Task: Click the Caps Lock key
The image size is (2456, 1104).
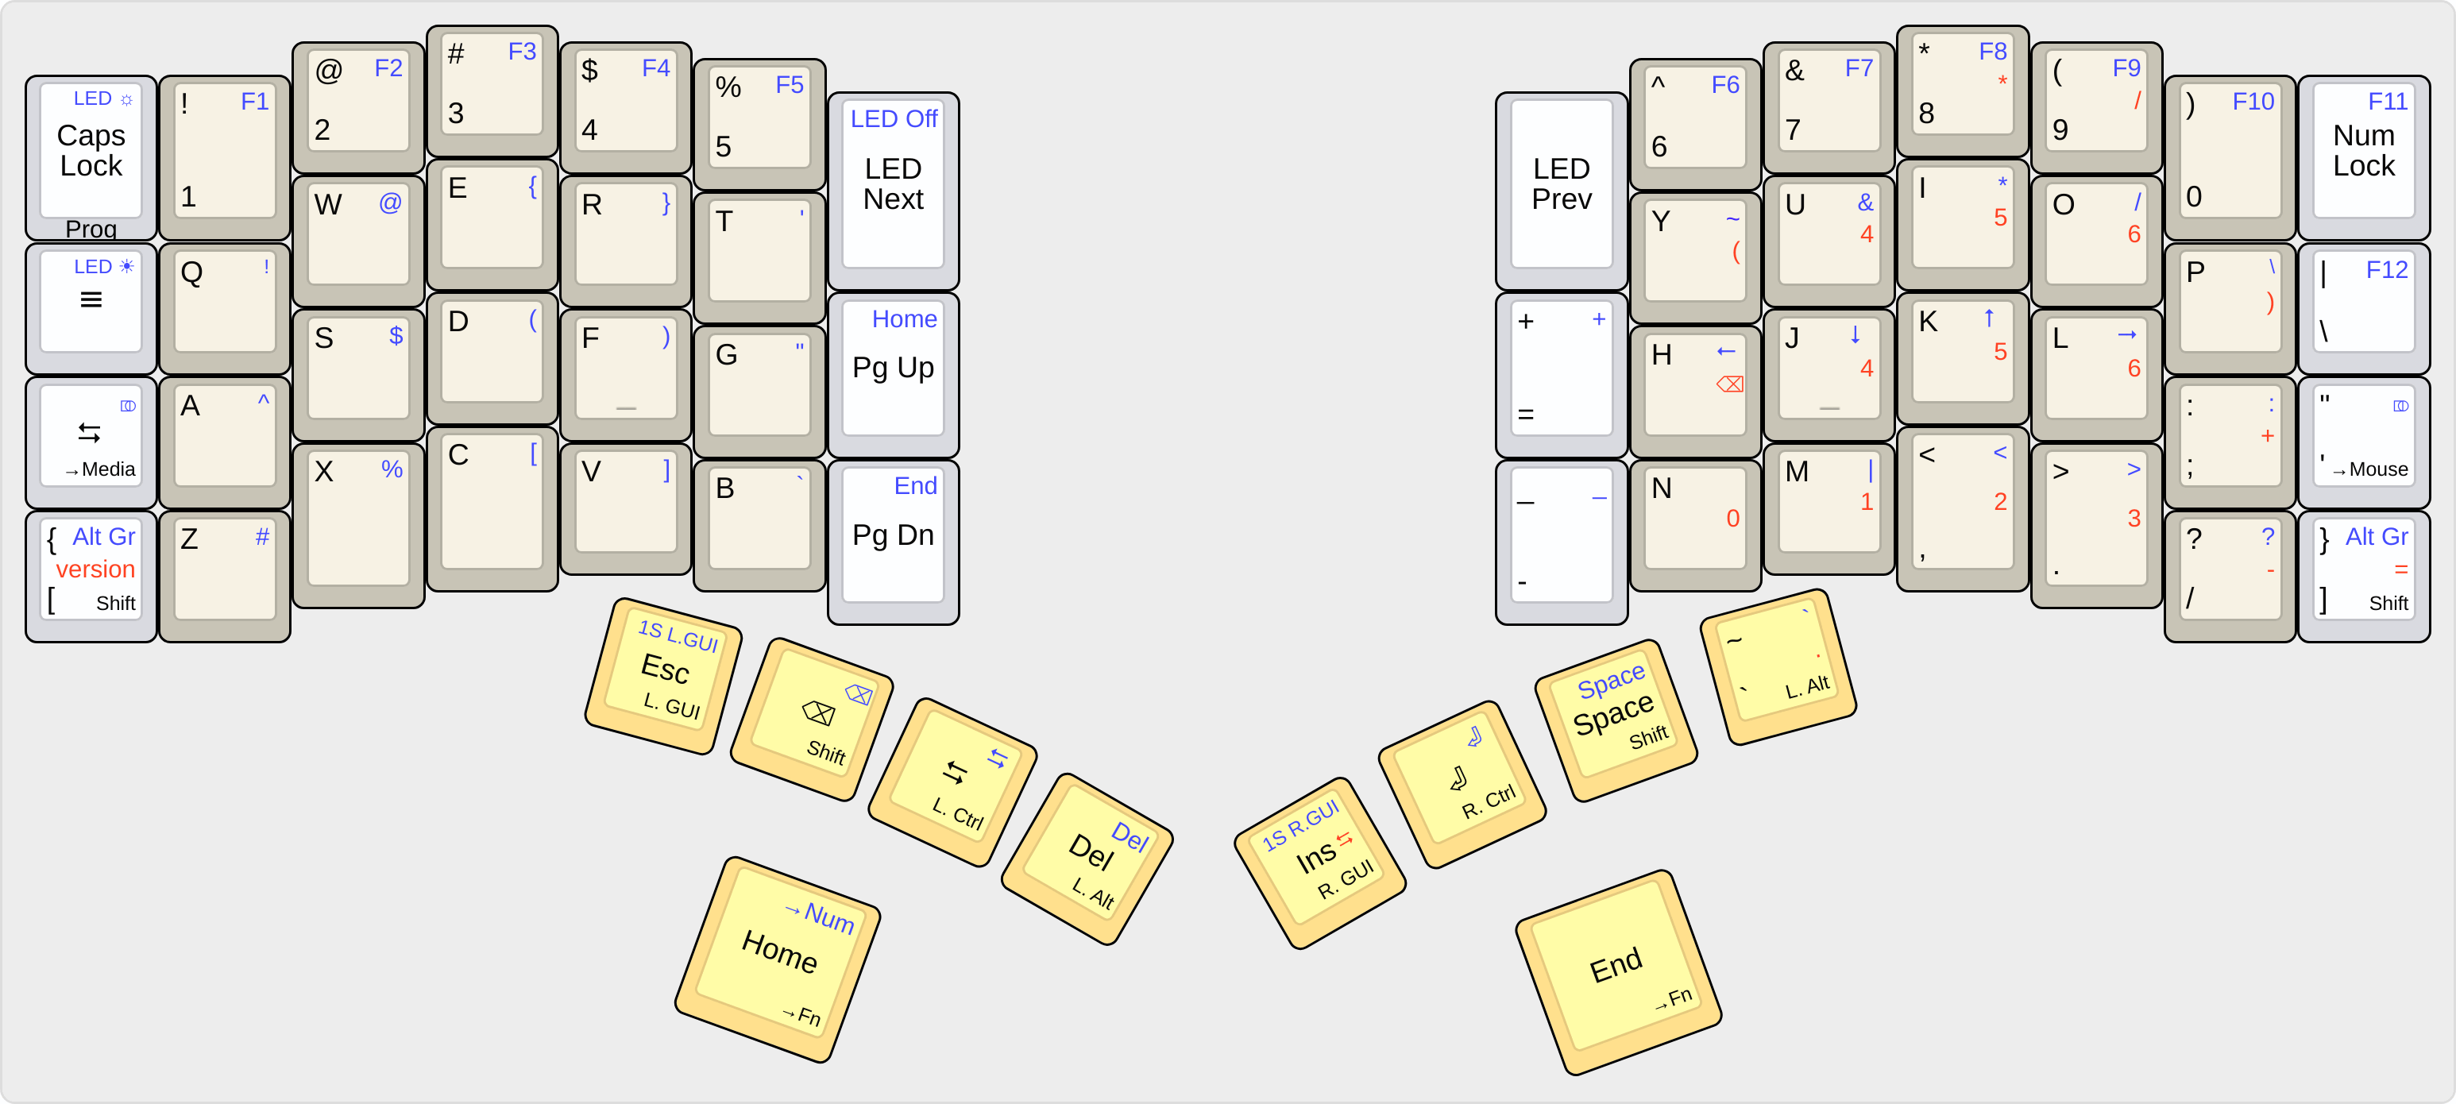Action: click(x=91, y=152)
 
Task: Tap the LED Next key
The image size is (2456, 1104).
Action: click(x=894, y=186)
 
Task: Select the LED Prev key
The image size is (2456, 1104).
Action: click(x=1561, y=186)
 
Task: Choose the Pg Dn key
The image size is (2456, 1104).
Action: click(x=894, y=537)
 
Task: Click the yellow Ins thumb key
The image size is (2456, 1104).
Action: click(x=1319, y=860)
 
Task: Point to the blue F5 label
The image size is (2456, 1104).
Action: click(x=790, y=85)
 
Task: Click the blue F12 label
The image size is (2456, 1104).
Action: click(x=2386, y=271)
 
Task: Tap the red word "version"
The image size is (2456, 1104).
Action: click(x=95, y=569)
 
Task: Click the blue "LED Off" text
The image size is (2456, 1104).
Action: click(x=894, y=119)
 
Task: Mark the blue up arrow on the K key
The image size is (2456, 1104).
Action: click(x=1989, y=318)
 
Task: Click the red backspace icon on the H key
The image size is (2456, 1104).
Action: click(x=1729, y=384)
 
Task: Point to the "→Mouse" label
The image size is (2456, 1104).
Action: click(x=2370, y=469)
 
